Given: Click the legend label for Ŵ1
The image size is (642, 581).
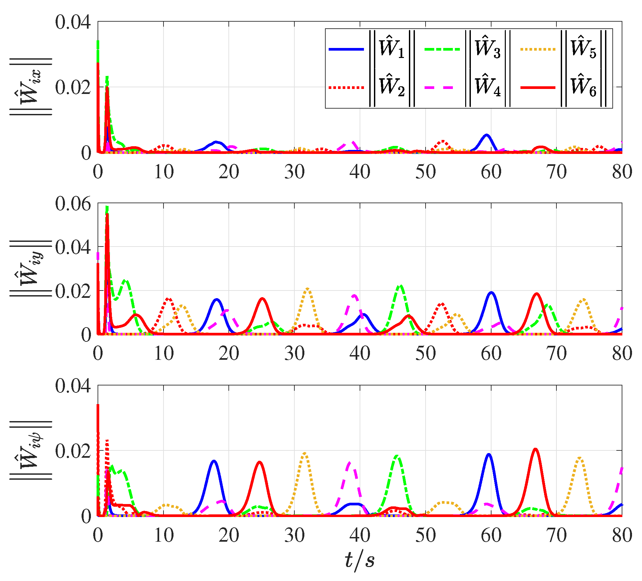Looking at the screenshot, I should click(x=392, y=49).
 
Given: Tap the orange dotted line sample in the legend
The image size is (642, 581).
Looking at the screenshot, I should click(x=538, y=49).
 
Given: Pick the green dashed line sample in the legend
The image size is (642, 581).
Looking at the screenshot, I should click(x=442, y=49).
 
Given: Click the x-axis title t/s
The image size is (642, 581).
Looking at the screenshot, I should click(x=360, y=560).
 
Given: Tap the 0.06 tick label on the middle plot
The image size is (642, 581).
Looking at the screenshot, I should click(x=73, y=204).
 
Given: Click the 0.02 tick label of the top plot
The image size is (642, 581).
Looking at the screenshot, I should click(x=73, y=87).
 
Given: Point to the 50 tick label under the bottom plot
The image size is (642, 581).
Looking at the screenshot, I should click(x=425, y=535).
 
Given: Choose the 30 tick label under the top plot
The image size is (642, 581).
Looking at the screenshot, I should click(x=294, y=172).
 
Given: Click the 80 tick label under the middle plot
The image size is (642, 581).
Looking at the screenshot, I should click(x=622, y=353).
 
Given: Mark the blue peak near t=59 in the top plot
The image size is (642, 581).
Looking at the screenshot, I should click(x=486, y=135).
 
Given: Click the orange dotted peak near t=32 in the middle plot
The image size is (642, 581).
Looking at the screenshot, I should click(x=307, y=289).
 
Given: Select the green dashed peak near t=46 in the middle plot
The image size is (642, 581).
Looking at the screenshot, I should click(x=400, y=286).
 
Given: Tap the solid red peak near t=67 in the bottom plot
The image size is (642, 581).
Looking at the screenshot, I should click(x=535, y=449).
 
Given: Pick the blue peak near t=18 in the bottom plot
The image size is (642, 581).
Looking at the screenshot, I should click(x=213, y=461).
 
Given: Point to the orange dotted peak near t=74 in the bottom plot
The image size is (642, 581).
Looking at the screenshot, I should click(x=580, y=458).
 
